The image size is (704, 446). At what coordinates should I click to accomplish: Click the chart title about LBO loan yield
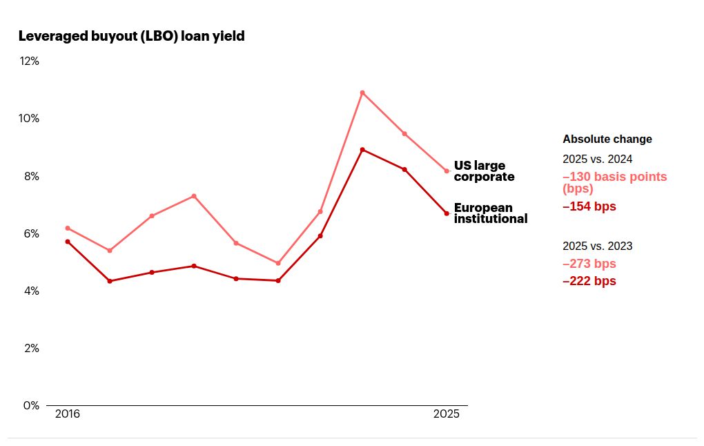[x=131, y=36]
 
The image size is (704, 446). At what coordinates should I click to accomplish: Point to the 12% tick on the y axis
[x=29, y=61]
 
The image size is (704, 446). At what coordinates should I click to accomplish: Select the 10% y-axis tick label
[x=29, y=118]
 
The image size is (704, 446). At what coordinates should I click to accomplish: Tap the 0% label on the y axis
[x=31, y=405]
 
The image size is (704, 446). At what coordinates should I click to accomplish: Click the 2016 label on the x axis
[x=67, y=414]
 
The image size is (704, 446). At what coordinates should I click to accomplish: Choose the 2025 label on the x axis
[x=446, y=414]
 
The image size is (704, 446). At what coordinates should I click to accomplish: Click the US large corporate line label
[x=484, y=171]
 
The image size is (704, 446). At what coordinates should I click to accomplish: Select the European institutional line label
[x=490, y=213]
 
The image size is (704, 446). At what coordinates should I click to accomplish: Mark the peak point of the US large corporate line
[x=362, y=93]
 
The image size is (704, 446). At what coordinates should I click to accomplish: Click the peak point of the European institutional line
[x=362, y=150]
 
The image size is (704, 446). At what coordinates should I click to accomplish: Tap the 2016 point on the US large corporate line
[x=68, y=228]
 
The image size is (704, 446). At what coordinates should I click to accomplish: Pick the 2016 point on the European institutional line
[x=68, y=242]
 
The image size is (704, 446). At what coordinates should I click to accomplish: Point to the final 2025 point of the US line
[x=447, y=171]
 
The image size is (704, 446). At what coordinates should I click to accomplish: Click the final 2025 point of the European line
[x=447, y=213]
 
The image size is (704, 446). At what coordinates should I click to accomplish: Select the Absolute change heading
[x=607, y=139]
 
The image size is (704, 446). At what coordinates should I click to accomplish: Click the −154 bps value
[x=589, y=206]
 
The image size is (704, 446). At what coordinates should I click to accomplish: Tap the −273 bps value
[x=589, y=264]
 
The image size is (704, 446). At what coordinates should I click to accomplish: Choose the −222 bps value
[x=589, y=281]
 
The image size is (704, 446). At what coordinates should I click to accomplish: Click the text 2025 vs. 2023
[x=598, y=246]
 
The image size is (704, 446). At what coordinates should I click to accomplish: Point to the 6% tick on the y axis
[x=31, y=233]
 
